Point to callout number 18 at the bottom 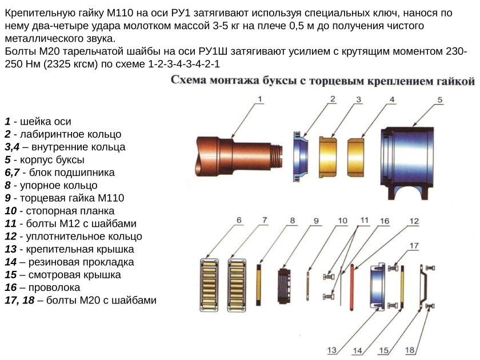tap(409, 350)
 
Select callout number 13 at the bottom tap(332, 350)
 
